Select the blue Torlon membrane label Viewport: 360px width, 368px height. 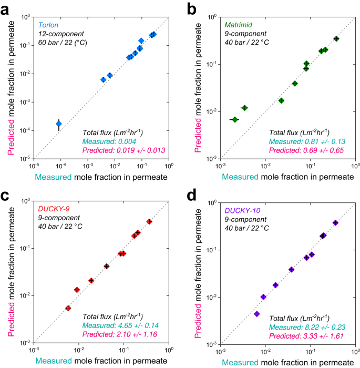48,24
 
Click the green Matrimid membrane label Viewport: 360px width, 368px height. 236,24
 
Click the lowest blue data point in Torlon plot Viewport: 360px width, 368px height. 59,124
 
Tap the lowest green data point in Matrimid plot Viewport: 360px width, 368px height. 235,120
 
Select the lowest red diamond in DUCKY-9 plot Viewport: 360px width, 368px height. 68,308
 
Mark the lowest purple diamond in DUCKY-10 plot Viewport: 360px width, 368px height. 257,314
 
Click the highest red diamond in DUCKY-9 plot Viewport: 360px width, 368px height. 149,222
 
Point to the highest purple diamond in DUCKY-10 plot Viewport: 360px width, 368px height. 335,223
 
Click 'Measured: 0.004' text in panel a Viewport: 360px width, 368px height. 109,142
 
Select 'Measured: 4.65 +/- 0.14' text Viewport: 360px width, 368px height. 124,326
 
